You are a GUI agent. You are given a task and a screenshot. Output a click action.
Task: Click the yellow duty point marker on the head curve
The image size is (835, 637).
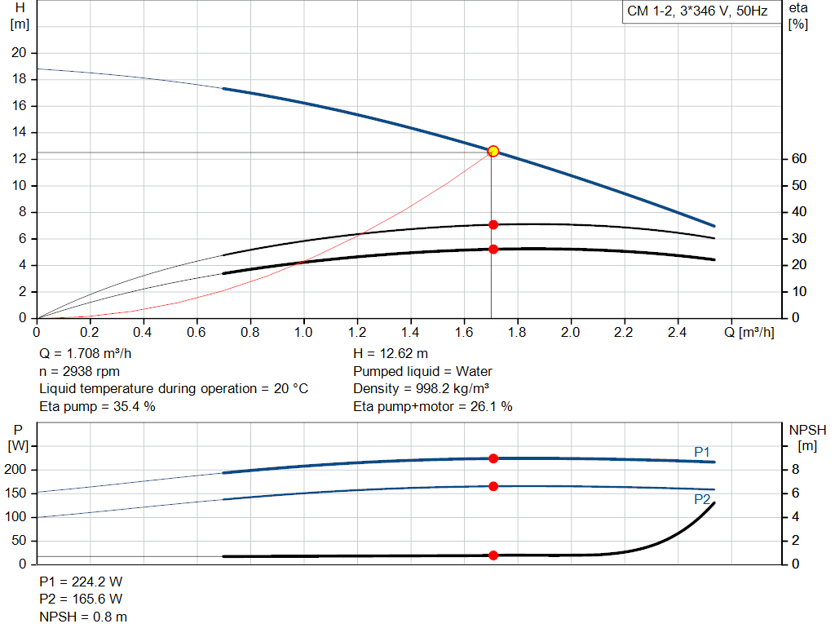click(493, 151)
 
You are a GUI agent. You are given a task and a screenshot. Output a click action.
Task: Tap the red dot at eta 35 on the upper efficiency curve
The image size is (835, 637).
click(493, 224)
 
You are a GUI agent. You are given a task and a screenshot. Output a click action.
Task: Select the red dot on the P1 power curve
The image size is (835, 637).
click(493, 458)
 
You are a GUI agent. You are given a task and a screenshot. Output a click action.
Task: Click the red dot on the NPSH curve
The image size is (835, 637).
click(493, 555)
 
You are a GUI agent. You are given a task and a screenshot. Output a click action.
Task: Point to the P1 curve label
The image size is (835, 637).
click(702, 451)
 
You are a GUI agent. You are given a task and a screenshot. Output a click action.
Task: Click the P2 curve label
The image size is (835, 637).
click(702, 499)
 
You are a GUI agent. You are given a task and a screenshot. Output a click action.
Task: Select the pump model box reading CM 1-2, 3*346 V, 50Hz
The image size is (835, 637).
click(697, 11)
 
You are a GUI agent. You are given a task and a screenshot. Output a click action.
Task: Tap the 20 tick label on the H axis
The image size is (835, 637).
click(18, 53)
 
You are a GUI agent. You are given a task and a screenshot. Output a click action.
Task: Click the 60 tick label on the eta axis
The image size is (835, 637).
click(798, 159)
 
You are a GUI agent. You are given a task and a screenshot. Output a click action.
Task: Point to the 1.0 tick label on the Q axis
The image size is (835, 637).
click(303, 333)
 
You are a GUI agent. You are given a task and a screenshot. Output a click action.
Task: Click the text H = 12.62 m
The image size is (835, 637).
click(390, 354)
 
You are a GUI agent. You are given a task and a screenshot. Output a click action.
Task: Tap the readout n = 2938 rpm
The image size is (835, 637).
click(80, 371)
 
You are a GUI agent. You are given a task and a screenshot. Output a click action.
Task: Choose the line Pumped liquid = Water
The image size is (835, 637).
click(411, 371)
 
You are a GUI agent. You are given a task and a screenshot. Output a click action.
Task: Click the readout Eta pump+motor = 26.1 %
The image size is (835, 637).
click(432, 406)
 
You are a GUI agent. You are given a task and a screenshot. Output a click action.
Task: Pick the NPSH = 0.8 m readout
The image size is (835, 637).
click(83, 617)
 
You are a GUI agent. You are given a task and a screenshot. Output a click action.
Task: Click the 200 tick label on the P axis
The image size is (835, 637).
click(19, 470)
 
